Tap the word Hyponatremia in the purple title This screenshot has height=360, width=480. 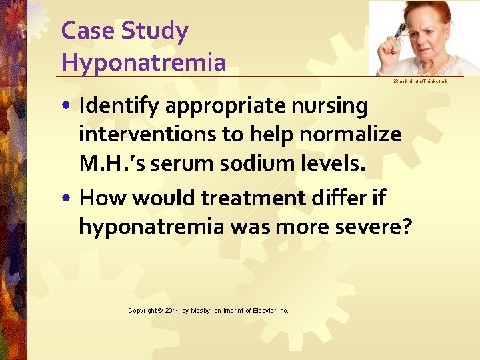pos(143,63)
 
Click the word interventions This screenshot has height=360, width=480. pos(148,134)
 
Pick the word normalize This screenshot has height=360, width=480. pos(351,134)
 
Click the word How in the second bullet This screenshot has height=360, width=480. pos(101,197)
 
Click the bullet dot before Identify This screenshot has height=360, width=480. pos(68,107)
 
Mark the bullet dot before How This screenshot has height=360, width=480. pos(68,199)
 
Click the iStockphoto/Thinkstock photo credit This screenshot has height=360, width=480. pos(420,81)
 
